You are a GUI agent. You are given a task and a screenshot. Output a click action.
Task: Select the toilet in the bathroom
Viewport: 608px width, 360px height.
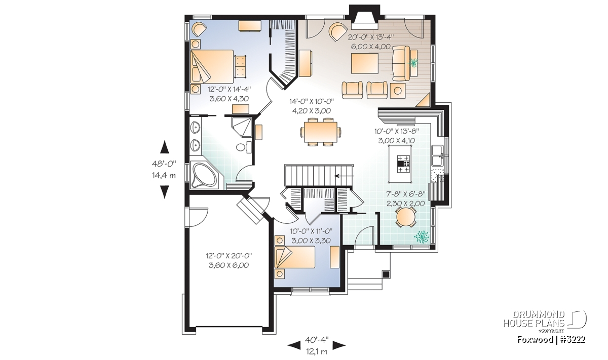(244, 147)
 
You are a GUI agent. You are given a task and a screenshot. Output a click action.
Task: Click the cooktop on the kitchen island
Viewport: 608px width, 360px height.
(403, 164)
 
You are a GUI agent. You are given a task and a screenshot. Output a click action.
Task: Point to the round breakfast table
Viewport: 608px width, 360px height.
(406, 217)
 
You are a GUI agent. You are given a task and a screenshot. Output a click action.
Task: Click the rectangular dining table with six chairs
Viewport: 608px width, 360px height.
(321, 132)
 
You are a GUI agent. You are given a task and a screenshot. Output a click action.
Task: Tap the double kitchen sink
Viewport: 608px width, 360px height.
(437, 155)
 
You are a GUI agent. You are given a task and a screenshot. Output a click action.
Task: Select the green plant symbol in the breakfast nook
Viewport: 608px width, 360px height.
(422, 236)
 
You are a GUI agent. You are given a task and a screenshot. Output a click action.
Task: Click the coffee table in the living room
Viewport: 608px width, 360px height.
(364, 63)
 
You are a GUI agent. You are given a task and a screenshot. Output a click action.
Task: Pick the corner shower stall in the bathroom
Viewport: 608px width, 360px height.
(242, 127)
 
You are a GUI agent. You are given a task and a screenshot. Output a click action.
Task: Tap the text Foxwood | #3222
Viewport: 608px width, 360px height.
(551, 339)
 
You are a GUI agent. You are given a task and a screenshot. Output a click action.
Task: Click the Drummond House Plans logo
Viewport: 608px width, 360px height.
(545, 322)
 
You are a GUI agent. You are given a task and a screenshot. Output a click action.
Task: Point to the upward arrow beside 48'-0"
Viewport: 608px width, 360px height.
(165, 147)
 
